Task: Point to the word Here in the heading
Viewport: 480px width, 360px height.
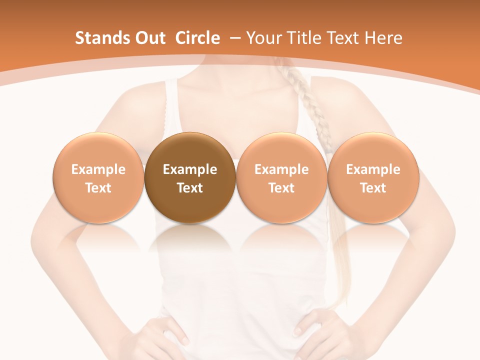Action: tap(383, 38)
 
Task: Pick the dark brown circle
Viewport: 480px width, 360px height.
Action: tap(190, 178)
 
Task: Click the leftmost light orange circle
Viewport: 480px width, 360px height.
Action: tap(98, 178)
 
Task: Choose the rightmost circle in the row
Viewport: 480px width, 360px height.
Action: tap(373, 178)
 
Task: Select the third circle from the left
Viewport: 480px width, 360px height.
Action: tap(281, 178)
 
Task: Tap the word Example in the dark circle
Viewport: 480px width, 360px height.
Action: tap(190, 169)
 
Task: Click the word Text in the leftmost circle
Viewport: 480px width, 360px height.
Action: tap(98, 188)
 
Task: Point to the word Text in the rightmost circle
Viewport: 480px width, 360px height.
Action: tap(373, 188)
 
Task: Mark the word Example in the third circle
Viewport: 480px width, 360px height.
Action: tap(281, 169)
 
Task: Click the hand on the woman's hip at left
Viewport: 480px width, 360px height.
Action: tap(160, 332)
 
